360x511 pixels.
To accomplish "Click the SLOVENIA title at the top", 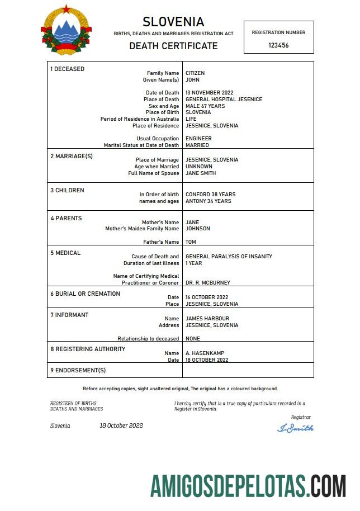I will point(173,22).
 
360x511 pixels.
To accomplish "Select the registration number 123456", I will point(278,45).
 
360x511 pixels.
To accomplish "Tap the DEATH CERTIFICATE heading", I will point(173,46).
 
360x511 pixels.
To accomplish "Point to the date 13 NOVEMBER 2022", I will point(210,93).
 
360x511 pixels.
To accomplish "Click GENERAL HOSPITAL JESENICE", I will point(224,100).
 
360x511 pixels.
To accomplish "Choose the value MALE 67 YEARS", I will point(205,106).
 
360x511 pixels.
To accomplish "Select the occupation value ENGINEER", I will point(198,139).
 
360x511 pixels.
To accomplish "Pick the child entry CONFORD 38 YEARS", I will point(210,195).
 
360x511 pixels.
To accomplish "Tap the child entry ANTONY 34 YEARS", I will point(208,201).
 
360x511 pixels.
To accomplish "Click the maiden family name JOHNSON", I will point(198,229).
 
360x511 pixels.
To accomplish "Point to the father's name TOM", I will point(191,242).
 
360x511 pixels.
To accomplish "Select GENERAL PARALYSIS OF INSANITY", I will point(229,257).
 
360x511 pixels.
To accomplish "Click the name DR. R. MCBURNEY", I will point(207,283).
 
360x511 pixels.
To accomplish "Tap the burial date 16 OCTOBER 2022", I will point(207,297).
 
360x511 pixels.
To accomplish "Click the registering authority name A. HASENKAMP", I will point(205,353).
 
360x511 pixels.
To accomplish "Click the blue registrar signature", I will point(295,428).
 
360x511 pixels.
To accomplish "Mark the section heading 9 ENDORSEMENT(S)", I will point(78,370).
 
